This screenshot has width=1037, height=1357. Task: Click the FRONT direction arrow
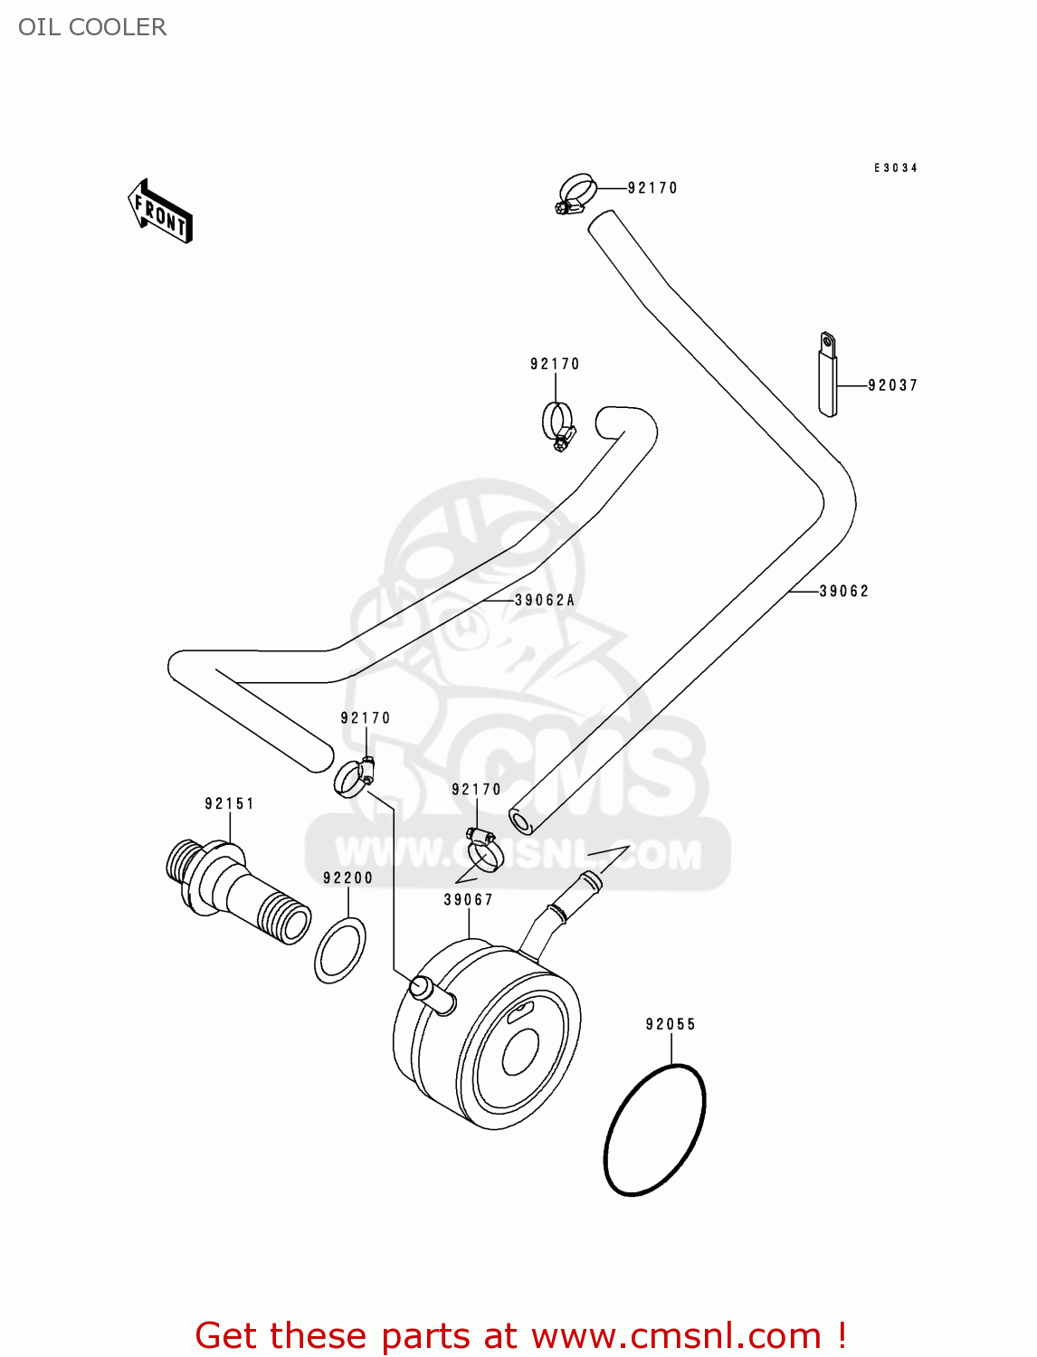click(160, 212)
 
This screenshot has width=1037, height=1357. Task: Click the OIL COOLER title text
click(92, 27)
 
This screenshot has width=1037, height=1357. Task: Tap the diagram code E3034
click(895, 168)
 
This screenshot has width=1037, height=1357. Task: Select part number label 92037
click(892, 385)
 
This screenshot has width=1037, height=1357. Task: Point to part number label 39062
click(843, 592)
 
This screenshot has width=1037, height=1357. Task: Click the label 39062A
click(544, 601)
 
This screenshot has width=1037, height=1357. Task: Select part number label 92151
click(229, 803)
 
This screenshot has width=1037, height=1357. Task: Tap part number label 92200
click(347, 878)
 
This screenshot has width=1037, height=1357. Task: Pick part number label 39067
click(468, 899)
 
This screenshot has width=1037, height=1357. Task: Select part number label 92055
click(671, 1024)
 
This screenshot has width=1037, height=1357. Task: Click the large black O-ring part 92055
click(654, 1129)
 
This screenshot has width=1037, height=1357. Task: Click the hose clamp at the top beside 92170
click(576, 195)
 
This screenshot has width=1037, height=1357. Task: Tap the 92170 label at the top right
click(652, 188)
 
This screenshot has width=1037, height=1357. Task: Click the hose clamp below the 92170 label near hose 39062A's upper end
click(557, 423)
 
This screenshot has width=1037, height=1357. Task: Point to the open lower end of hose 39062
click(521, 821)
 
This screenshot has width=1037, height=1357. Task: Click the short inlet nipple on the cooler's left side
click(433, 994)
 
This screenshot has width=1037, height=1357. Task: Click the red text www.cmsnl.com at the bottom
click(675, 1335)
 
